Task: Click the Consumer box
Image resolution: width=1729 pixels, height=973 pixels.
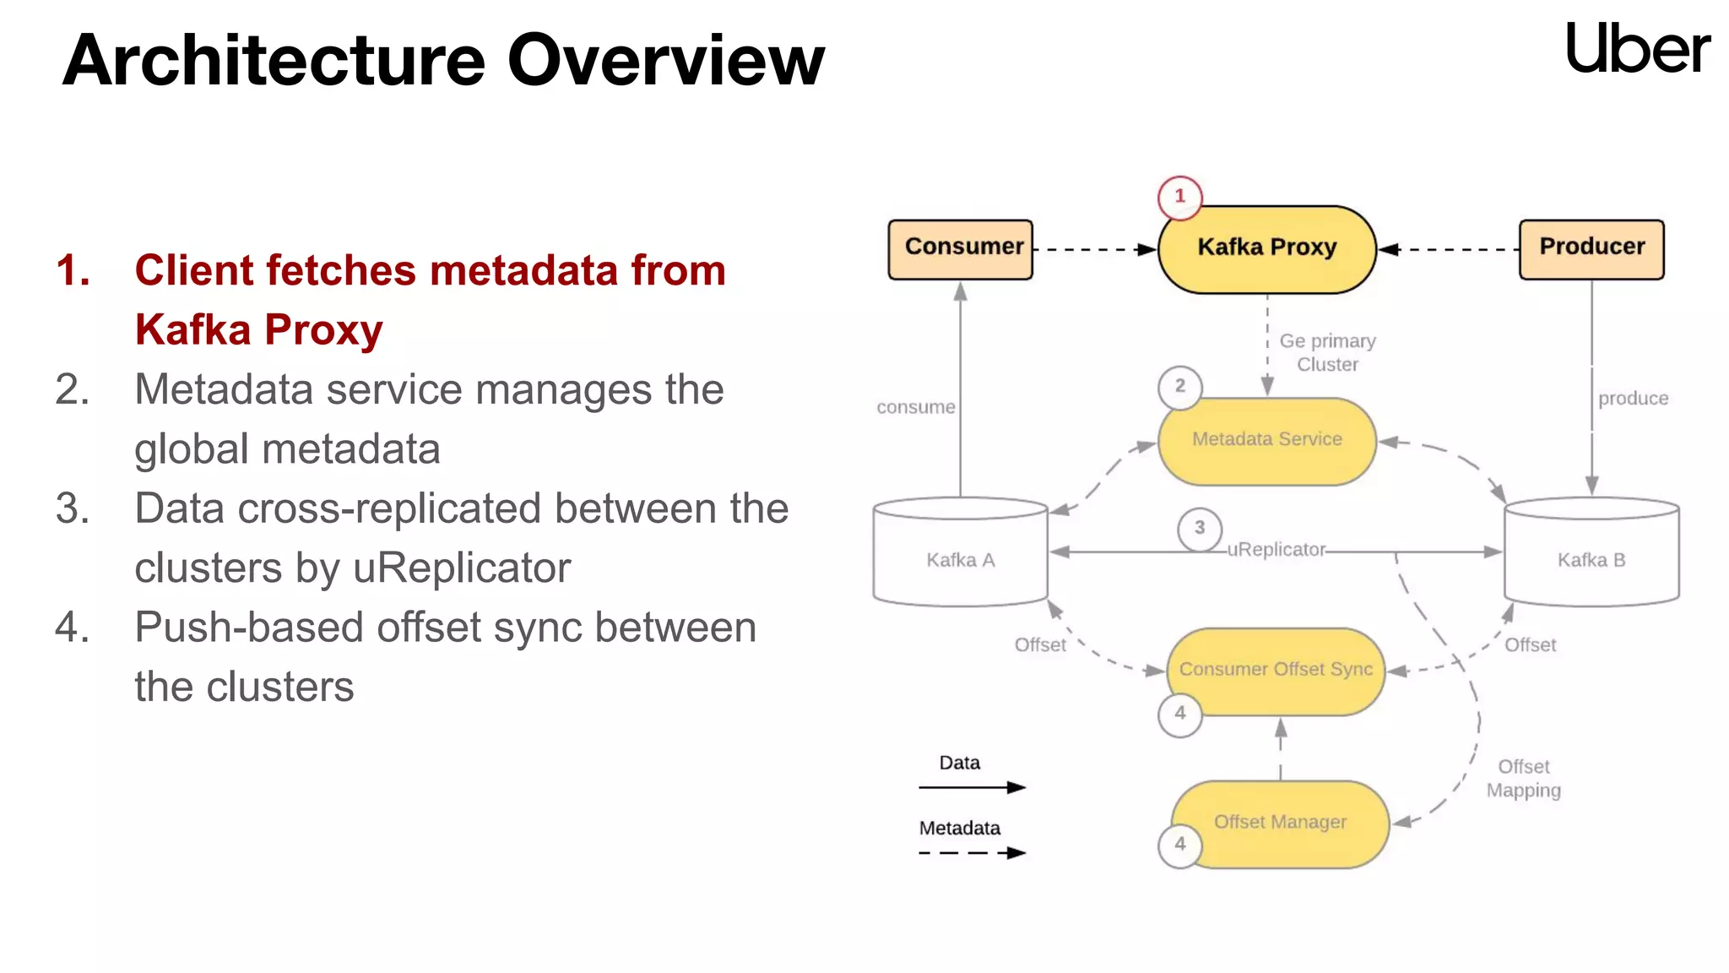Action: [x=961, y=249]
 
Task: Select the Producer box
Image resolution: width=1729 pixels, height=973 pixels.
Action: [x=1591, y=249]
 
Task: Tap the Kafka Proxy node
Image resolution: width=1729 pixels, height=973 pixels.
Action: [x=1266, y=249]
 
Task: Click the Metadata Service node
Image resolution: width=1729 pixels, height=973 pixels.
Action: [x=1266, y=440]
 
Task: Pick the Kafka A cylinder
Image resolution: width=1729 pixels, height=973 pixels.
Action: [x=961, y=557]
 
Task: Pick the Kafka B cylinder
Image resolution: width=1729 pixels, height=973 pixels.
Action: [x=1591, y=557]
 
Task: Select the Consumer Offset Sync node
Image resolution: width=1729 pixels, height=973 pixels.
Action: [x=1276, y=670]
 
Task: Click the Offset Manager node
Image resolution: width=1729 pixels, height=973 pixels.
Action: [x=1280, y=823]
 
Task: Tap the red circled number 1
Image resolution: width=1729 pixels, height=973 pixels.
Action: [x=1179, y=197]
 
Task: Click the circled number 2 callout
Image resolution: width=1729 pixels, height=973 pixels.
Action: [x=1179, y=387]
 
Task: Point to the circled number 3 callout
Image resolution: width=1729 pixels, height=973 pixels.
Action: [x=1200, y=529]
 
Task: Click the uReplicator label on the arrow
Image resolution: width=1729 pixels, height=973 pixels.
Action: [x=1276, y=550]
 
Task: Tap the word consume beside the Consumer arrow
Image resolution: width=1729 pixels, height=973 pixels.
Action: [x=915, y=407]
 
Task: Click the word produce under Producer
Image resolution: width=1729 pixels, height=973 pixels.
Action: [x=1633, y=399]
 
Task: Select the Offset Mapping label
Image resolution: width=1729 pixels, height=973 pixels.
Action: [x=1523, y=779]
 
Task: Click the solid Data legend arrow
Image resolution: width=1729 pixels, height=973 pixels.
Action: [x=972, y=787]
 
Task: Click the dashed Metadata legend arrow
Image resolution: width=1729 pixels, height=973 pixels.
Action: [x=972, y=853]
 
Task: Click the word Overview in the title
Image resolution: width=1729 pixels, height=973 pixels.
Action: [x=665, y=61]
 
